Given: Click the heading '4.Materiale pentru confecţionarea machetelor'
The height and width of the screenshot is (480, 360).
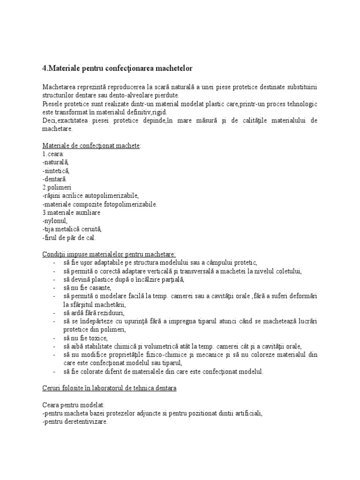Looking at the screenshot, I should point(117,68).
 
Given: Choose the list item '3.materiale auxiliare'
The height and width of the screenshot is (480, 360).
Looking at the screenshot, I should point(71,212).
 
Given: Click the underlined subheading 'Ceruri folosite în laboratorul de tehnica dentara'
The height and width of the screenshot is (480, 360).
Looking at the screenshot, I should point(109,389).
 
